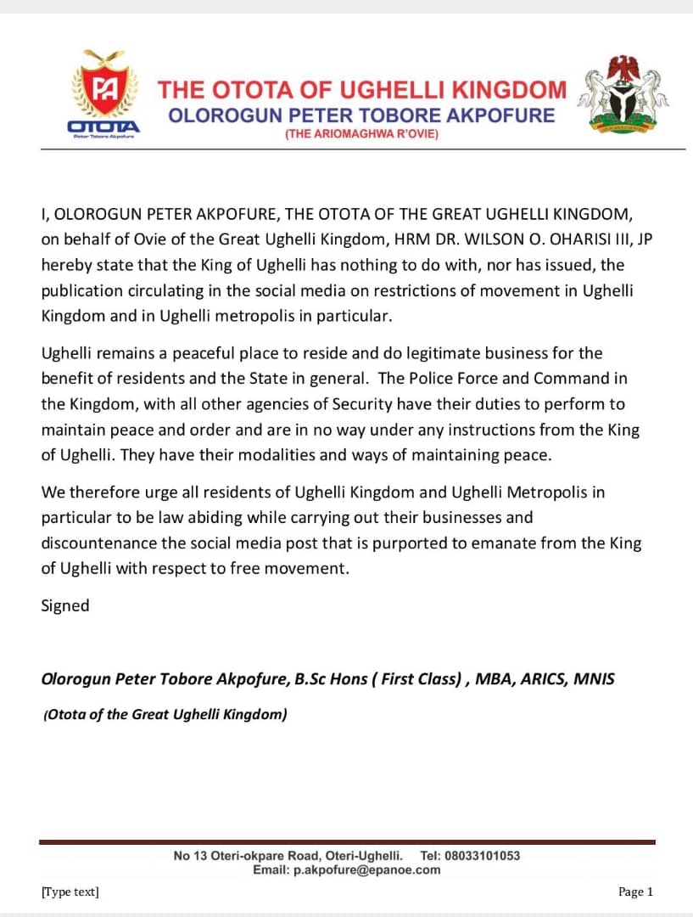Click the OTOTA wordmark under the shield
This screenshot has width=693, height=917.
point(103,126)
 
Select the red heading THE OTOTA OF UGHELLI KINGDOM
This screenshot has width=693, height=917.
point(362,89)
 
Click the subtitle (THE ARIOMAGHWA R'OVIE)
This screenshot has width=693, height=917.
point(362,135)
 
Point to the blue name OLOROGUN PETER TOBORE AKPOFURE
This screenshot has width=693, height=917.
point(362,114)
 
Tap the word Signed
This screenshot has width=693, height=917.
point(65,606)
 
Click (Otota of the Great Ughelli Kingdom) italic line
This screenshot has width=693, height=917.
point(165,714)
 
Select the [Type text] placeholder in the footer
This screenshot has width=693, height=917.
point(70,892)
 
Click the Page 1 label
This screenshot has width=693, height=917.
point(636,892)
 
